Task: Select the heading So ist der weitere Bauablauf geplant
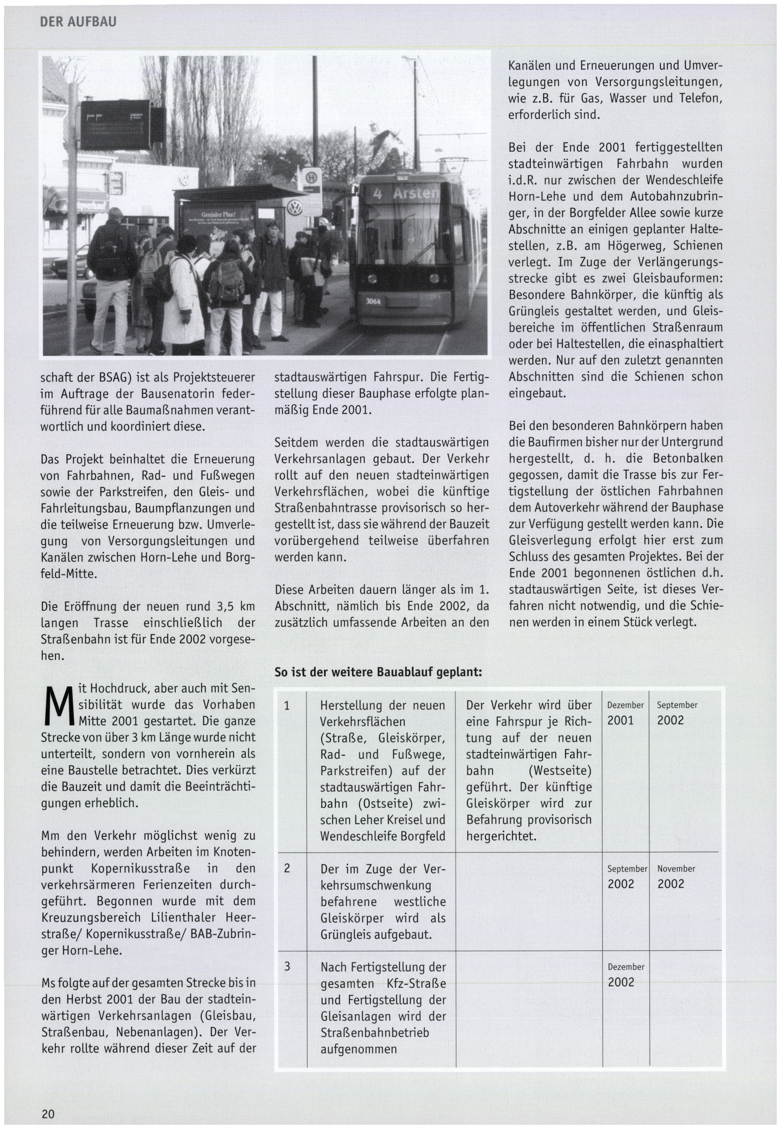(x=378, y=672)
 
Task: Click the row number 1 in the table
(x=287, y=706)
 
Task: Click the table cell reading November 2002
(x=676, y=876)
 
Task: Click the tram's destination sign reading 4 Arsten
(x=405, y=194)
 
